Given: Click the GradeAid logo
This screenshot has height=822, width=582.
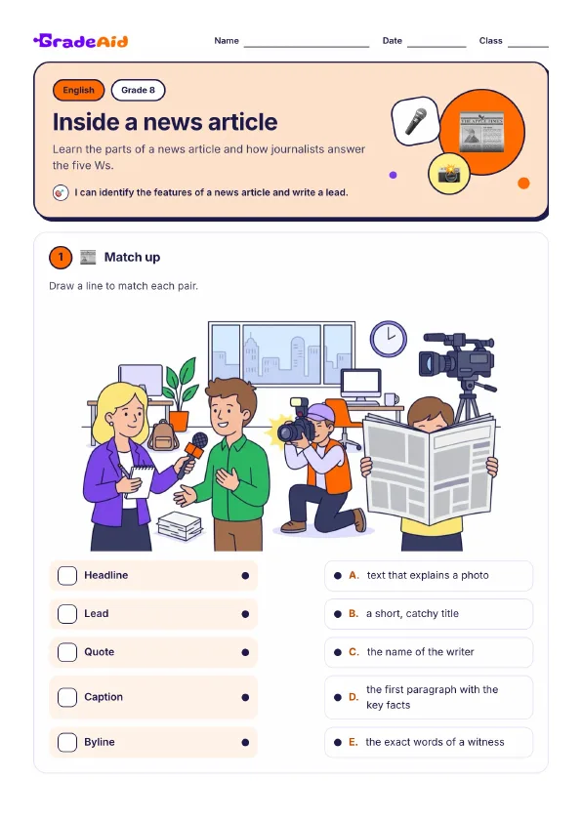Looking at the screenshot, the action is coord(81,41).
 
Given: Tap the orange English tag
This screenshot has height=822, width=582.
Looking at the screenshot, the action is coord(79,90).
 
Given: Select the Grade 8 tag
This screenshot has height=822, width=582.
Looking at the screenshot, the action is coord(138,90).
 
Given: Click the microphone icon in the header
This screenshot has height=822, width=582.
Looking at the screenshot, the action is coord(415,121).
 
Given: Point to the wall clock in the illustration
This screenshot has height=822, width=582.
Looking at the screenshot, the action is coord(389,339).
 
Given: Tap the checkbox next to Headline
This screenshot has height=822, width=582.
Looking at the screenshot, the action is coord(67,576).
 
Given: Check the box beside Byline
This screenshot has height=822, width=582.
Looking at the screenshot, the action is coord(67,742).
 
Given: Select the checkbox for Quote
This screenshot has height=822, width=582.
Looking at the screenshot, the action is coord(67,652).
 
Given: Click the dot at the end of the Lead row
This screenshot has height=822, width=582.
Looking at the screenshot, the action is coord(245,614).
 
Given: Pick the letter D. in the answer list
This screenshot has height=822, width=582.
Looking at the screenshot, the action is coord(353,697).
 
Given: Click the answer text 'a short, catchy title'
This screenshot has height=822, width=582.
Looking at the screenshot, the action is coord(413,613).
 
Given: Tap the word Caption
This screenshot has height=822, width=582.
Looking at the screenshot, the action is coord(104,697).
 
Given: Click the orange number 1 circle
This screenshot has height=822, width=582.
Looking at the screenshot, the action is coord(61,258).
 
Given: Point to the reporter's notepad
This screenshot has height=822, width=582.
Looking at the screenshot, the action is coord(141,481).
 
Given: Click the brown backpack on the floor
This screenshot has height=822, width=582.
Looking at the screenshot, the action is coord(163,436).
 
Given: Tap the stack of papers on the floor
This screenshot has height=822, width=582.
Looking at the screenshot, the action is coord(180,525).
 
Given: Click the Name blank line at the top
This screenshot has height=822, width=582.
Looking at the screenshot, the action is coord(307,47).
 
